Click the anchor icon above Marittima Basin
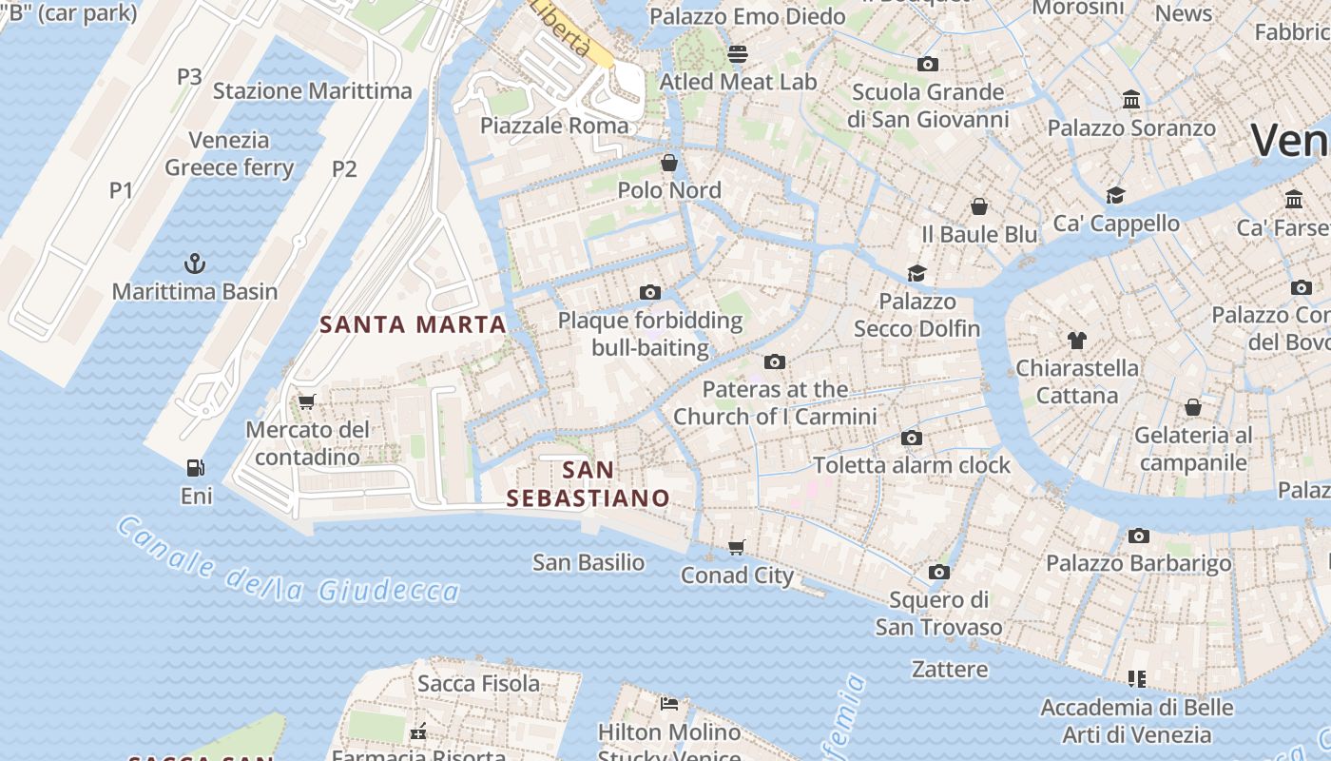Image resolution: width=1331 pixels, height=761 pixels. [x=195, y=263]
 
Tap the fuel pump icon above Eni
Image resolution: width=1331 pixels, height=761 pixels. [x=196, y=467]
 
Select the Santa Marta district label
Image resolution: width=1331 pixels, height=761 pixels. [x=413, y=324]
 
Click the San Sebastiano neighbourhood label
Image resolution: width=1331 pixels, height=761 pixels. [x=588, y=483]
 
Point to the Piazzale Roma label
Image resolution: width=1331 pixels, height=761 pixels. [x=554, y=126]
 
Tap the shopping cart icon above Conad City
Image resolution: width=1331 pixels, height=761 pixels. [x=737, y=547]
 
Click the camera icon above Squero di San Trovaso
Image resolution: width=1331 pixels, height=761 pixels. [x=939, y=572]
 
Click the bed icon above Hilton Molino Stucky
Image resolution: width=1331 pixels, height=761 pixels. [x=669, y=704]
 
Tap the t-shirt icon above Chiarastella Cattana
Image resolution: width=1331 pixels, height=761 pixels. [x=1076, y=340]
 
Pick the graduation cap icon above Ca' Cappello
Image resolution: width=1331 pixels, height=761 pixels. [x=1115, y=195]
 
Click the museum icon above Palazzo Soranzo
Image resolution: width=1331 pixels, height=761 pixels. [x=1131, y=99]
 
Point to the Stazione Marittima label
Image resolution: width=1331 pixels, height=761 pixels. [x=312, y=91]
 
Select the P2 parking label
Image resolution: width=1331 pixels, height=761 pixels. [x=344, y=169]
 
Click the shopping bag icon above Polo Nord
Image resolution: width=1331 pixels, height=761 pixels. [x=669, y=162]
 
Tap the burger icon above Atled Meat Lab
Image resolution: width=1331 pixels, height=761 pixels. [x=738, y=53]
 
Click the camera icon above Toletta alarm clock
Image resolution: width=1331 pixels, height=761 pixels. [x=912, y=438]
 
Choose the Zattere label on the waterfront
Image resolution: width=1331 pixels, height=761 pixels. [x=950, y=669]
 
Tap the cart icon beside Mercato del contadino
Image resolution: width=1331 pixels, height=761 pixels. [x=306, y=401]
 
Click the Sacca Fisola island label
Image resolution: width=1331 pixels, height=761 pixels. [x=478, y=683]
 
